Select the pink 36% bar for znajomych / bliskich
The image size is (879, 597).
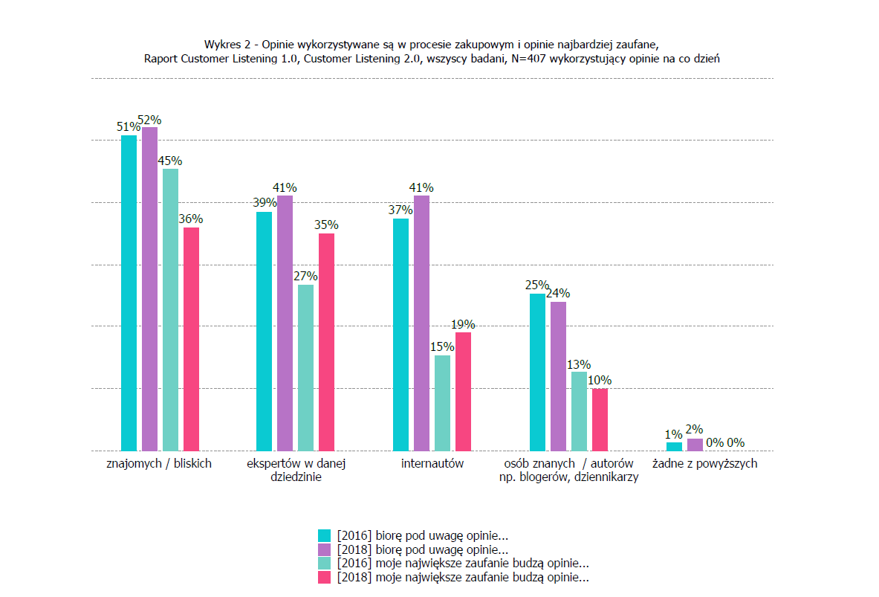[192, 339]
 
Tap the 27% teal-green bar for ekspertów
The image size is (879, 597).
[306, 367]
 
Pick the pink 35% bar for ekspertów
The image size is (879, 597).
[327, 342]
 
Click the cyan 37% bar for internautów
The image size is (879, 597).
[401, 335]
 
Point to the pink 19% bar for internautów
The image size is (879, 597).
[464, 391]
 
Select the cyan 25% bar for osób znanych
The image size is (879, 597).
[538, 372]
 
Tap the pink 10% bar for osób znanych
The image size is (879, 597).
[600, 419]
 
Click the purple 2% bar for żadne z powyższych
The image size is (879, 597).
[695, 445]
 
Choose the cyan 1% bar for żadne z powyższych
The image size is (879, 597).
[674, 446]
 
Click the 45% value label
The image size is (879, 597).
[170, 161]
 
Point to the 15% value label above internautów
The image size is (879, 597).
[442, 346]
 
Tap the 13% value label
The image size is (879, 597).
[579, 364]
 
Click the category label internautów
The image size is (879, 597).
[432, 464]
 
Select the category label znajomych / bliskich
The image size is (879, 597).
[160, 464]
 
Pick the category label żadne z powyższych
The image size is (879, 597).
[705, 464]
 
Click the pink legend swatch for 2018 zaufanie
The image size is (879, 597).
[324, 577]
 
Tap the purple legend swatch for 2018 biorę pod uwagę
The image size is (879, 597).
[324, 549]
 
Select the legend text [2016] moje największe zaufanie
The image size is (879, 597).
[463, 564]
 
